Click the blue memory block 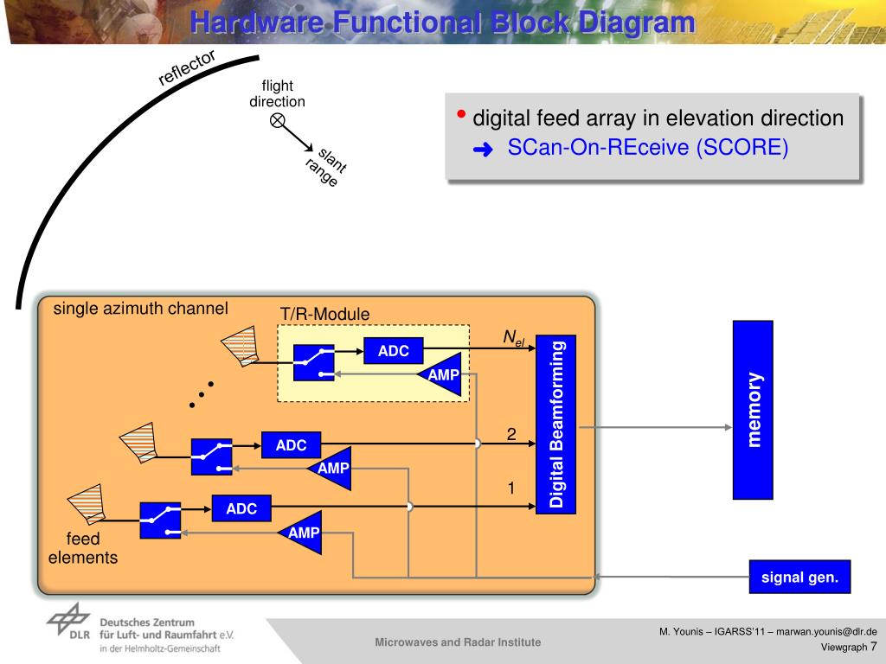point(753,410)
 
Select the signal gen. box point(799,577)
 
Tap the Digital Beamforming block point(555,424)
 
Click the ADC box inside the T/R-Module point(393,350)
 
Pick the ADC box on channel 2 point(291,445)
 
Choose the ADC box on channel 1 point(241,508)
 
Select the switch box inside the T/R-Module point(313,362)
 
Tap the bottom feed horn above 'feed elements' point(87,508)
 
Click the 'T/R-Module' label point(324,314)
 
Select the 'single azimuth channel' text point(141,309)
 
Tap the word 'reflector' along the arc point(186,67)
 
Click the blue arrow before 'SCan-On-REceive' point(482,150)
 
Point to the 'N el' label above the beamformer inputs point(514,338)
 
